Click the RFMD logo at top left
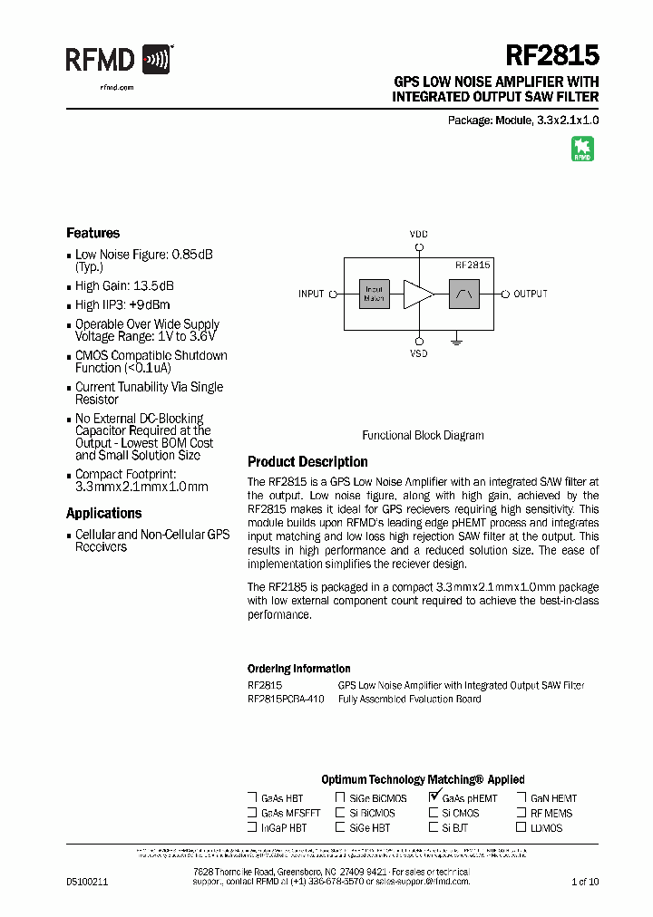click(x=118, y=60)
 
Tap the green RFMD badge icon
click(x=582, y=150)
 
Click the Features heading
click(x=93, y=233)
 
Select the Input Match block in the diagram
click(x=374, y=294)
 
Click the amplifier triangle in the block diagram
click(x=418, y=294)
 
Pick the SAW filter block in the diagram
click(x=464, y=294)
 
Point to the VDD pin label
click(x=418, y=234)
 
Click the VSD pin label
click(x=418, y=353)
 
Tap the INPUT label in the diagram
click(x=311, y=294)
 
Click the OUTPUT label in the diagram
click(x=531, y=294)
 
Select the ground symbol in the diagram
click(x=458, y=341)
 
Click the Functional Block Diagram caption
click(x=423, y=435)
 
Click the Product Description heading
click(x=307, y=462)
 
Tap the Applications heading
click(x=104, y=514)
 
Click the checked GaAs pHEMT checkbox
click(x=434, y=797)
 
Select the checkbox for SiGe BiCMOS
click(x=340, y=798)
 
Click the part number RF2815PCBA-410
click(x=286, y=700)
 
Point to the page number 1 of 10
click(x=585, y=881)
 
